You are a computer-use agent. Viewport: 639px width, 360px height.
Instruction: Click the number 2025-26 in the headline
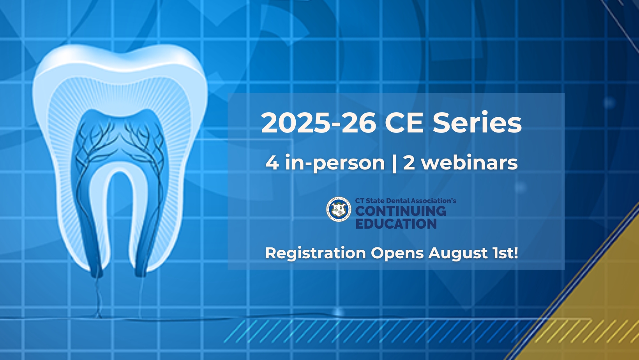[318, 123]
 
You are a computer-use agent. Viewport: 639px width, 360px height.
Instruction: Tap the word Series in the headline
[477, 123]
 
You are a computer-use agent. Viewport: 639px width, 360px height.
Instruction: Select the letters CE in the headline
[404, 123]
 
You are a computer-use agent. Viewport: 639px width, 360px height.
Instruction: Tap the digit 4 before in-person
[272, 162]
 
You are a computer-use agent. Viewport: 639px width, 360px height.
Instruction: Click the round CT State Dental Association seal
[339, 209]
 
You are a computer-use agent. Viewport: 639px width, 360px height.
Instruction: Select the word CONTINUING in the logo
[401, 212]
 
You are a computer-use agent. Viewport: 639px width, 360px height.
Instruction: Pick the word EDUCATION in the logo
[396, 224]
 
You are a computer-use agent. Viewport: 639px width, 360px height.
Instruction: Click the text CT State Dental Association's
[406, 201]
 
